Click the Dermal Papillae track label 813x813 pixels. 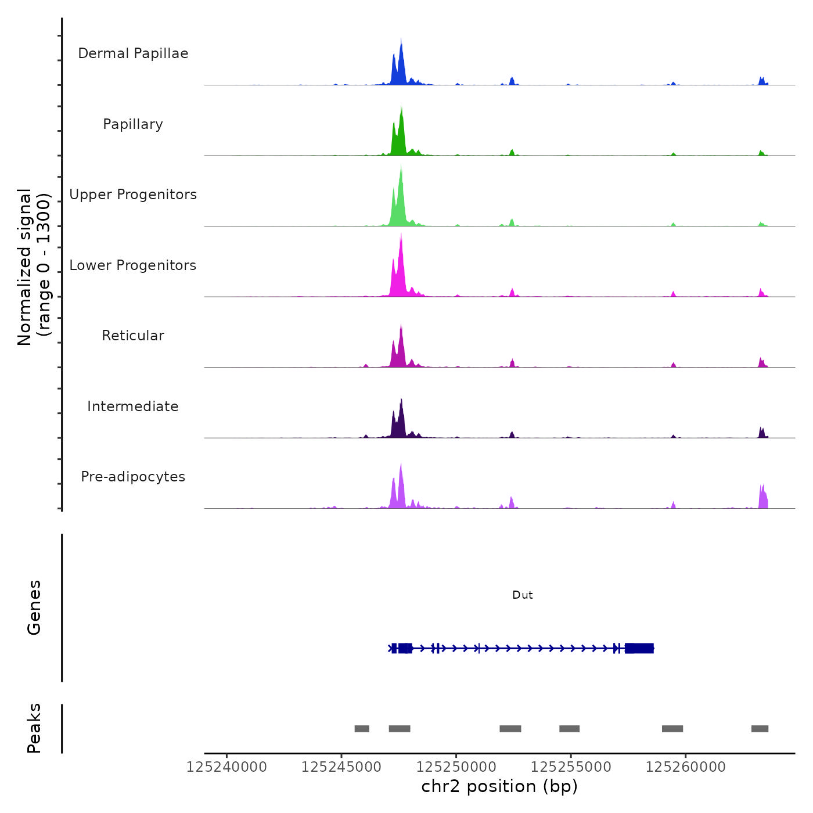(133, 53)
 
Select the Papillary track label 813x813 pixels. (133, 124)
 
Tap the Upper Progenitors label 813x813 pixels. (133, 195)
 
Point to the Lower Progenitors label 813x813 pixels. (133, 265)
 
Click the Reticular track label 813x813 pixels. (133, 336)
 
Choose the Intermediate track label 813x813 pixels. (133, 406)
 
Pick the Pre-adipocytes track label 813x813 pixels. (133, 477)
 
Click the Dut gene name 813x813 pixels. (522, 595)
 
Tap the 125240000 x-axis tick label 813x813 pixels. (226, 767)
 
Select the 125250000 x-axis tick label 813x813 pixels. (456, 767)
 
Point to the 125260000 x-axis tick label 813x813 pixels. (686, 767)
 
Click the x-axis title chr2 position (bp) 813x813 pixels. (499, 786)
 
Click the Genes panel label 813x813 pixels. (34, 607)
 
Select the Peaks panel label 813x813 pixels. (34, 728)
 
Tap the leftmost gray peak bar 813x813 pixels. (362, 729)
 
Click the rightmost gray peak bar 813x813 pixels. (760, 729)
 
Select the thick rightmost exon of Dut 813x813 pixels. (639, 648)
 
